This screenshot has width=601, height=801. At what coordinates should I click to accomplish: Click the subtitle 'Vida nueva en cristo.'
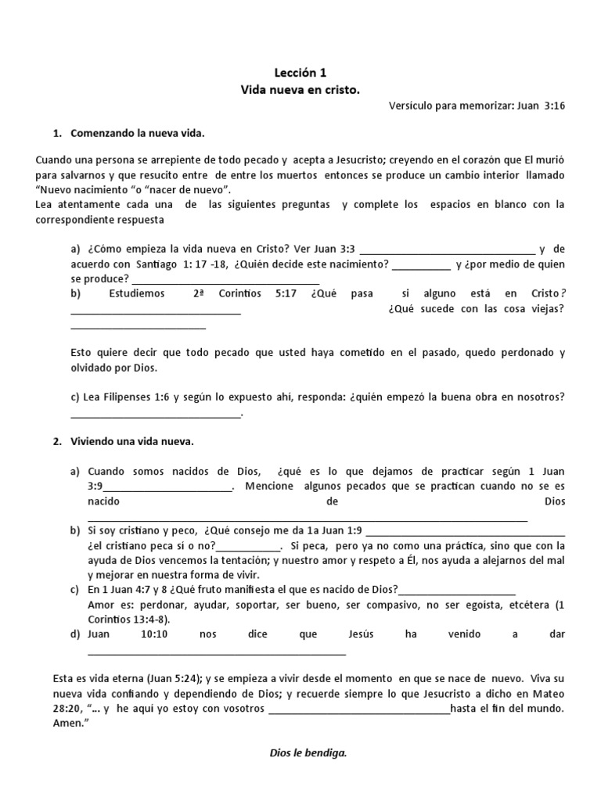(300, 91)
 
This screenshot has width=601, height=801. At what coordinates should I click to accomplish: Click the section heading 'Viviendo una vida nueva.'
(131, 441)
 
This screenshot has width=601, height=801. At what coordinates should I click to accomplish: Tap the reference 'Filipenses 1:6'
(133, 397)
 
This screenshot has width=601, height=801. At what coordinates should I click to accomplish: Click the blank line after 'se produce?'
(225, 281)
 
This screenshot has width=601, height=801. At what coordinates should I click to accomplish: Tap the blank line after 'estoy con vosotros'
(359, 710)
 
